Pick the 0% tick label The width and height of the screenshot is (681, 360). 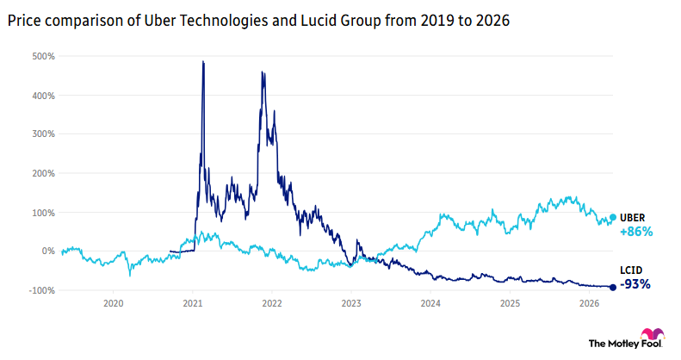tap(48, 251)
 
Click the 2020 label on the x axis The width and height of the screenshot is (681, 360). tap(114, 304)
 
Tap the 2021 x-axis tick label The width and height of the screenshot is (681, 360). tap(193, 304)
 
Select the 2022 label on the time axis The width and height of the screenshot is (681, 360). tap(272, 304)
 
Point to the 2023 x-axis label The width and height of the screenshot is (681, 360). tap(351, 304)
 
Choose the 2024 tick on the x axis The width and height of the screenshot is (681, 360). tap(431, 304)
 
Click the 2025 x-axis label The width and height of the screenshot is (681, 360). tap(511, 304)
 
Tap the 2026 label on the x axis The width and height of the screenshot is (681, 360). tap(590, 304)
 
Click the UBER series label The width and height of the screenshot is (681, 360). tap(633, 217)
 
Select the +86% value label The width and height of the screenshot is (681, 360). tap(636, 232)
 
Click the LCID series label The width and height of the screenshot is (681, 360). tap(632, 270)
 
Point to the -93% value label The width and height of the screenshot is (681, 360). tap(635, 284)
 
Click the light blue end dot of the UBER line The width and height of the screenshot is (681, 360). tap(613, 218)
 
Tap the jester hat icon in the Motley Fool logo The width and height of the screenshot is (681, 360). tap(652, 334)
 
